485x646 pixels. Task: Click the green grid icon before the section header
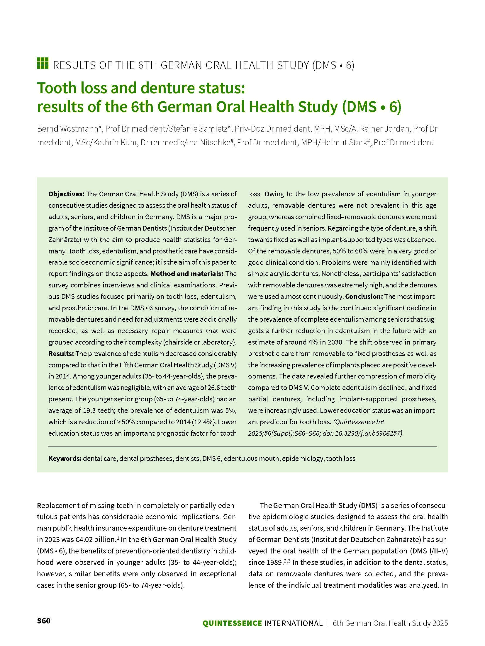(x=43, y=64)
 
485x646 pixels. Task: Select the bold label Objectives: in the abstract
(x=67, y=194)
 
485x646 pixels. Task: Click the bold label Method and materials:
(x=187, y=274)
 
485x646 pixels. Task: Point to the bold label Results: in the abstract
(x=61, y=354)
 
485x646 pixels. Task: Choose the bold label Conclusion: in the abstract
(x=364, y=296)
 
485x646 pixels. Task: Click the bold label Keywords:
(x=65, y=458)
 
